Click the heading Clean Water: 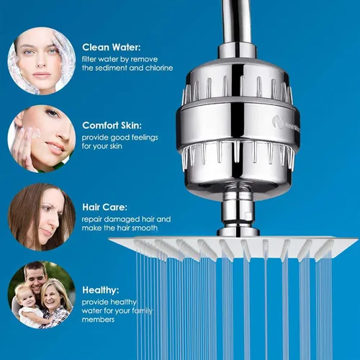point(112,48)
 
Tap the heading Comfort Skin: point(112,125)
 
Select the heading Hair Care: point(104,207)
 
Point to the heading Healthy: point(101,290)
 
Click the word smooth point(145,228)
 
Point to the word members point(98,320)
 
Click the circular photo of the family point(42,295)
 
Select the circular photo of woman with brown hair point(42,217)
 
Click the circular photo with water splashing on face point(42,60)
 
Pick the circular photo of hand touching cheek point(42,139)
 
